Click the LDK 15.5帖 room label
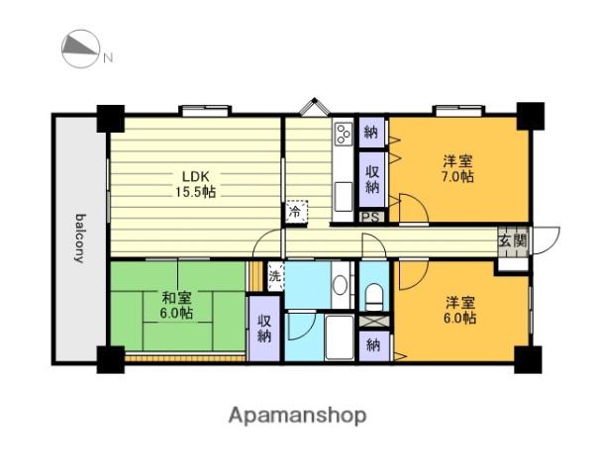click(x=195, y=184)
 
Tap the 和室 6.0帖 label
click(x=177, y=306)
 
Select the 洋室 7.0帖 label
click(x=458, y=169)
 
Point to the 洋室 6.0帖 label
click(x=460, y=310)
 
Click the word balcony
click(x=80, y=238)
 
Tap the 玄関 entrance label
click(x=513, y=240)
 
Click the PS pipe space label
click(x=370, y=218)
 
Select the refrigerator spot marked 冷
click(x=295, y=212)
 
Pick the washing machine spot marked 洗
click(x=275, y=276)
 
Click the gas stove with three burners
click(x=344, y=135)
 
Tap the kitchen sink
click(x=344, y=197)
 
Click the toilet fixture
click(x=374, y=297)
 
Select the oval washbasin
click(x=340, y=285)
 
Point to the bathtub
click(x=340, y=336)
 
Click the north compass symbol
click(x=81, y=49)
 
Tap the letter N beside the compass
click(x=108, y=58)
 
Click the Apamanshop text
click(x=297, y=416)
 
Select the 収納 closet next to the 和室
click(x=264, y=329)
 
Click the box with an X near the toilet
click(x=374, y=321)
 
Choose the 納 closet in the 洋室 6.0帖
click(x=373, y=345)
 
